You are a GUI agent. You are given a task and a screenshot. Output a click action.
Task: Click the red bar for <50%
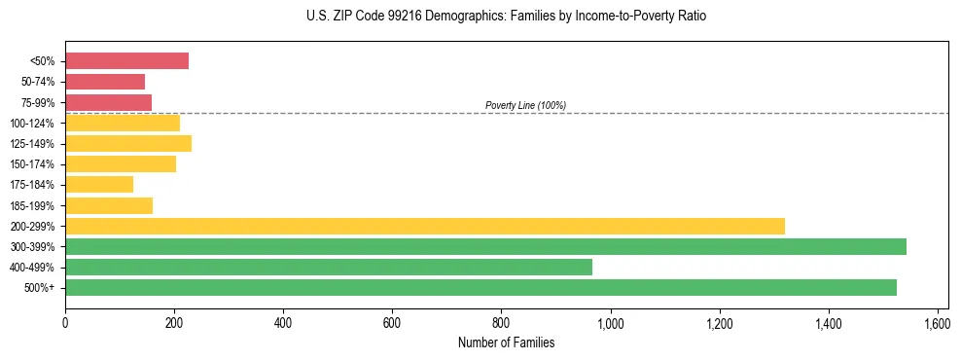(x=126, y=61)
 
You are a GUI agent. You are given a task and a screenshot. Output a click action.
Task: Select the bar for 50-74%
(x=105, y=82)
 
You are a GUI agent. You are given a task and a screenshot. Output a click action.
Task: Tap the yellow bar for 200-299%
(x=425, y=226)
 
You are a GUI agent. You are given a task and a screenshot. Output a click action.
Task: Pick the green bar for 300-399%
(x=485, y=246)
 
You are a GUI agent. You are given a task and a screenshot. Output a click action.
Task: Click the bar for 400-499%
(x=329, y=267)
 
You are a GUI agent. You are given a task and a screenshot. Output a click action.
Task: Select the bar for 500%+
(x=480, y=287)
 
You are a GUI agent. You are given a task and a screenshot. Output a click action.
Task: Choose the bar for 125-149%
(x=128, y=143)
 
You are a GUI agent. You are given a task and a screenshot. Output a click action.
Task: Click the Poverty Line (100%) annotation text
(x=525, y=105)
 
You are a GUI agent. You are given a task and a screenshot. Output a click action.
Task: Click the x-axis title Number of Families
(x=506, y=342)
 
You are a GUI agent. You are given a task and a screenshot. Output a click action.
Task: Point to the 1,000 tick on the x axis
(x=611, y=322)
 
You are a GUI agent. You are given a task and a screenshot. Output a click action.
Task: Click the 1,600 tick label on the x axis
(x=938, y=322)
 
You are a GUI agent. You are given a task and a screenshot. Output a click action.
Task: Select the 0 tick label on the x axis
(x=65, y=322)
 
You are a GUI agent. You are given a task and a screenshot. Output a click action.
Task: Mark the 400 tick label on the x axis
(x=283, y=322)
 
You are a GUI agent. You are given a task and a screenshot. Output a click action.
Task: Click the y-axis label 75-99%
(x=38, y=103)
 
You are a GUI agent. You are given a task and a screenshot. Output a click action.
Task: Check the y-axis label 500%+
(x=41, y=288)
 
